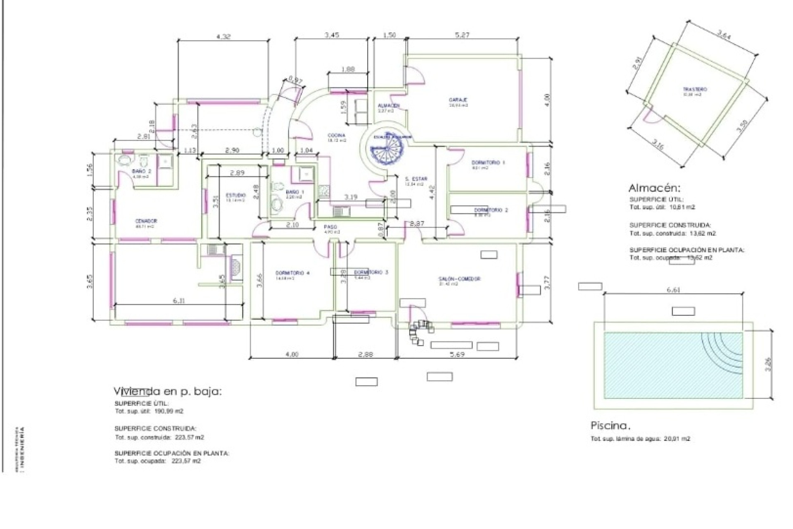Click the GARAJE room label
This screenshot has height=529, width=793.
point(458,100)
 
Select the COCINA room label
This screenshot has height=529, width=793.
point(336,136)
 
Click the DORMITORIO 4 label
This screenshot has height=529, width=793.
point(292,273)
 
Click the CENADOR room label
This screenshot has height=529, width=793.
point(146,221)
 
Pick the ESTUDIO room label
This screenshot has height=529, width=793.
point(235,195)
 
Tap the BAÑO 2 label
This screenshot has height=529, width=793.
point(142,171)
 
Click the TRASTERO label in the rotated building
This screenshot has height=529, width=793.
point(695,89)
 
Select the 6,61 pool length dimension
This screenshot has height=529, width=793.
point(673,290)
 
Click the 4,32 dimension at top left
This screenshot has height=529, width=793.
point(223,36)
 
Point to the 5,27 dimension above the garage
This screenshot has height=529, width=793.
point(462,36)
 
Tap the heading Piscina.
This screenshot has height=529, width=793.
point(610,425)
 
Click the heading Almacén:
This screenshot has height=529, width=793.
point(654,188)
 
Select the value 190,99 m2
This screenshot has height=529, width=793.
point(169,412)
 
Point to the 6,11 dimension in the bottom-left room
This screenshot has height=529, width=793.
point(178,301)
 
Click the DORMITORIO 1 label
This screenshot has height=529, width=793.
point(488,163)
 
